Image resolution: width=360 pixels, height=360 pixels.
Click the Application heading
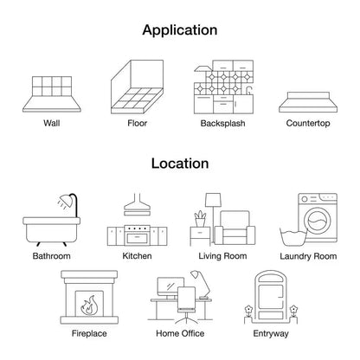[180, 30]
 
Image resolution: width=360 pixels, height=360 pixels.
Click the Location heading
[180, 164]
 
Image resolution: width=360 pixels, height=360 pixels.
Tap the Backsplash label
[222, 124]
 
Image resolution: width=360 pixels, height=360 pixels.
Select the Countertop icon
[308, 102]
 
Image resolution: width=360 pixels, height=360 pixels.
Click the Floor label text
[138, 123]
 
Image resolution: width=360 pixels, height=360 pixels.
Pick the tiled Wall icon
[52, 94]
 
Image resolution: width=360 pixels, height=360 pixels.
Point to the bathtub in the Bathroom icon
[51, 230]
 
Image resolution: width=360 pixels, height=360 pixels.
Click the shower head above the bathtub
[66, 201]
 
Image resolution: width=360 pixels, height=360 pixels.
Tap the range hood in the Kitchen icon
[138, 204]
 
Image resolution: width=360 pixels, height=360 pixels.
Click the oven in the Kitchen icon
[138, 235]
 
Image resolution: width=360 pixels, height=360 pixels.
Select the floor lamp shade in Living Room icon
[213, 200]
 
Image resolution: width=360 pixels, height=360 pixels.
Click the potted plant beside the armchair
[200, 219]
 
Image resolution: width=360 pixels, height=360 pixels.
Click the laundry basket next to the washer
[293, 237]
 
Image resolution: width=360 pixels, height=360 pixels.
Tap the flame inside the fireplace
[88, 305]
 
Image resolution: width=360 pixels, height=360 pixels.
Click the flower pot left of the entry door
[248, 315]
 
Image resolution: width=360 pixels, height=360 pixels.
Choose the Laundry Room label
[308, 256]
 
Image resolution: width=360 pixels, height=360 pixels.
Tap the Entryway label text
[271, 334]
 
